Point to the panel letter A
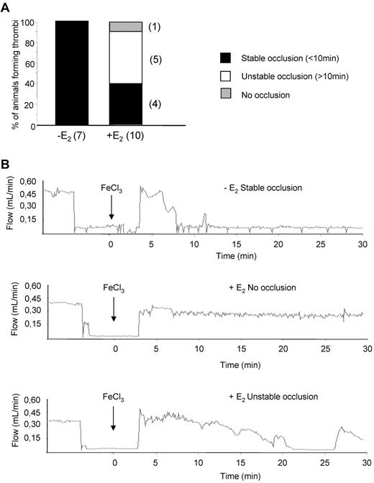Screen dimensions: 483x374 7,6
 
